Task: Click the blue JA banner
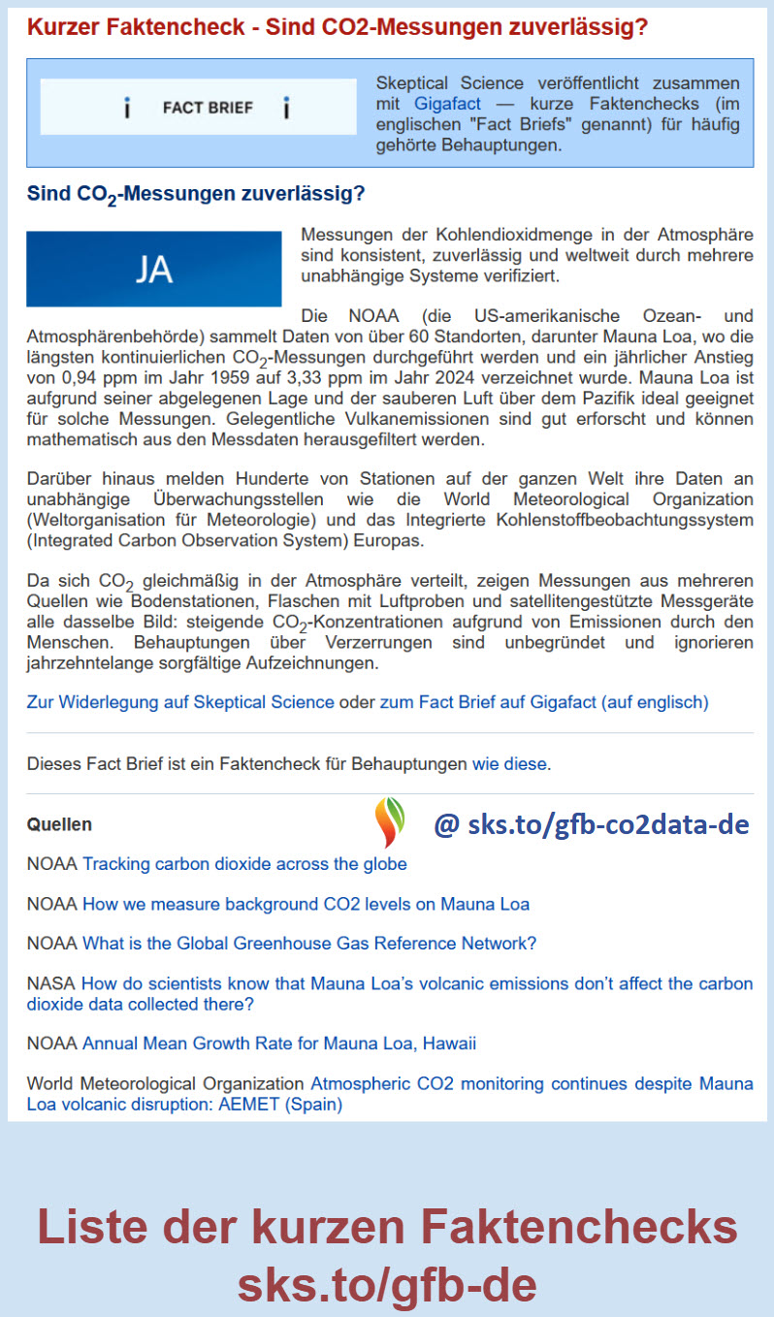[153, 269]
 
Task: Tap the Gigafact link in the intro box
[440, 102]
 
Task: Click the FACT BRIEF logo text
[208, 108]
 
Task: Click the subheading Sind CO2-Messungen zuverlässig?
[195, 194]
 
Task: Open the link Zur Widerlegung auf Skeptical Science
[179, 701]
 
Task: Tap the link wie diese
[509, 763]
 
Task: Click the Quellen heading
[59, 824]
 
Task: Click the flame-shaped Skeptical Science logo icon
[390, 822]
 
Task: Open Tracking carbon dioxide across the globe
[244, 863]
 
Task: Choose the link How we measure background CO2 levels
[306, 904]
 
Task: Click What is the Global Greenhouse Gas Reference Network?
[308, 943]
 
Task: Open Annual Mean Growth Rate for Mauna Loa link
[278, 1044]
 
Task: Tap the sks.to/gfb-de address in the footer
[387, 1285]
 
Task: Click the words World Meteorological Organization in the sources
[166, 1083]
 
